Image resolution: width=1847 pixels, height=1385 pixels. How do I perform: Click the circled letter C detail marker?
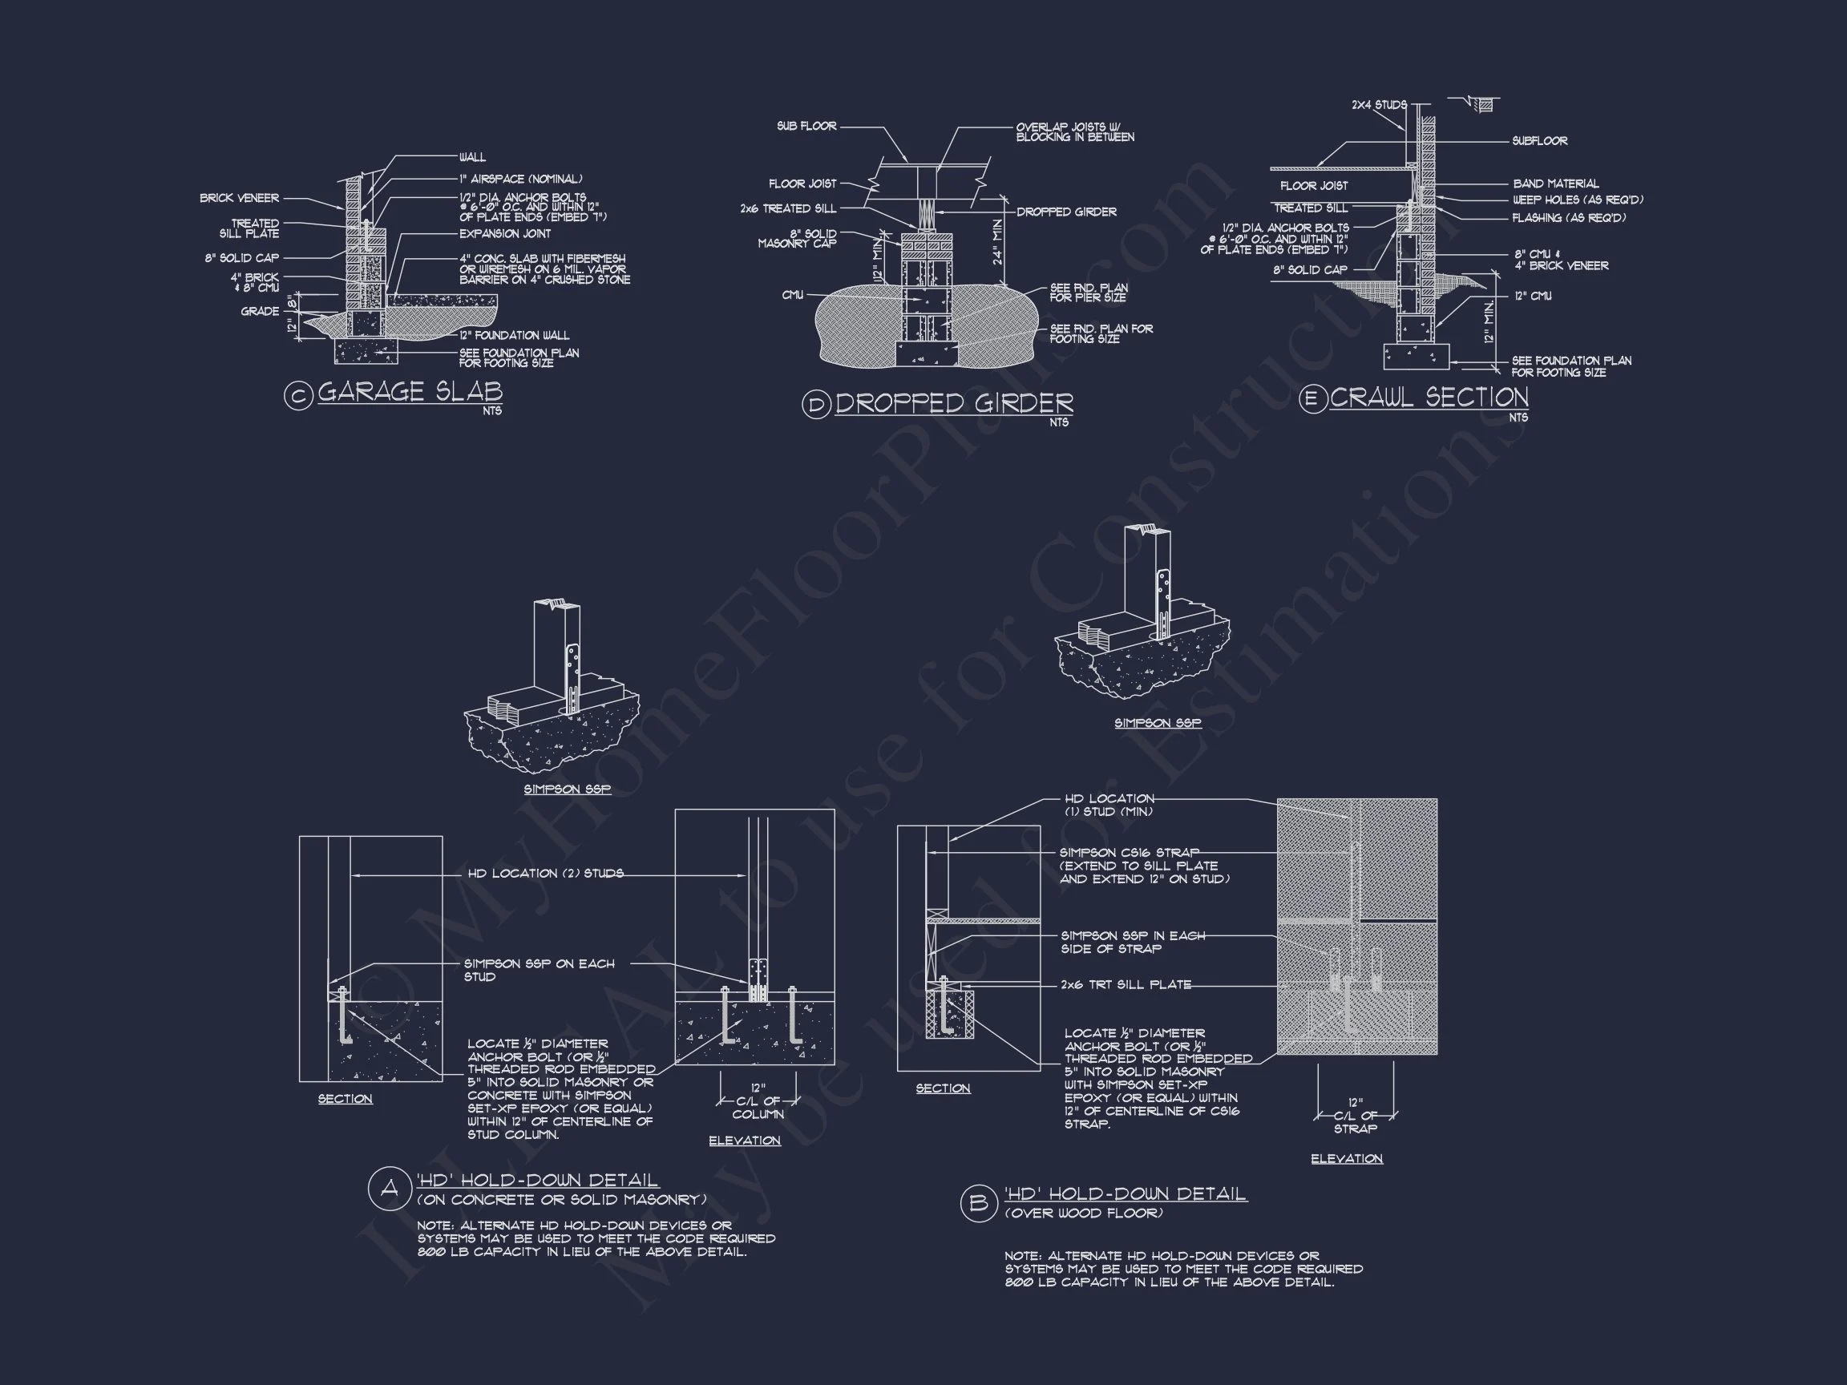[298, 395]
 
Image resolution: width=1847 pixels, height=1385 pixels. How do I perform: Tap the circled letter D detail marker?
[816, 406]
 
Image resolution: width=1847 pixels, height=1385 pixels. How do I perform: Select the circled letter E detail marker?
[1312, 399]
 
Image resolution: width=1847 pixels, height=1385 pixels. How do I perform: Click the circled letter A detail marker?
[389, 1188]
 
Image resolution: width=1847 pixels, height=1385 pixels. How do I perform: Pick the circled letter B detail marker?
[979, 1203]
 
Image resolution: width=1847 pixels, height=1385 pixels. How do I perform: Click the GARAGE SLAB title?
[410, 392]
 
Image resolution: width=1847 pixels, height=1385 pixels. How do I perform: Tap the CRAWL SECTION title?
[1429, 398]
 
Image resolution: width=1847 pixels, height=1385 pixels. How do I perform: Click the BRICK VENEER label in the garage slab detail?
[239, 198]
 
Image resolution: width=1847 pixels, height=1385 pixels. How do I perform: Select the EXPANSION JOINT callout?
[504, 234]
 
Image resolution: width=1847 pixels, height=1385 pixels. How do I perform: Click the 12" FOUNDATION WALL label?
[514, 335]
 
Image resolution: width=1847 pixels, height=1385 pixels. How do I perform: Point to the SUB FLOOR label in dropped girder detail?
[806, 126]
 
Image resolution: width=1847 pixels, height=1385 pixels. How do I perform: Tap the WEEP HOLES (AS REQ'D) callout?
[1578, 200]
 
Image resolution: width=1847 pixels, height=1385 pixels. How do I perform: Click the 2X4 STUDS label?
[1379, 105]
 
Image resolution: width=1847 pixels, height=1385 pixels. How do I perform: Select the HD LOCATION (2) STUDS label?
[544, 874]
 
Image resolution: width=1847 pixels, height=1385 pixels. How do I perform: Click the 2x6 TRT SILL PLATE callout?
[1126, 985]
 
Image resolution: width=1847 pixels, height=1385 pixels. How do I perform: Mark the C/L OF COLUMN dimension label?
[758, 1108]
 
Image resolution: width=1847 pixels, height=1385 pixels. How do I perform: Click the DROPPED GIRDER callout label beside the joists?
[1065, 212]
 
